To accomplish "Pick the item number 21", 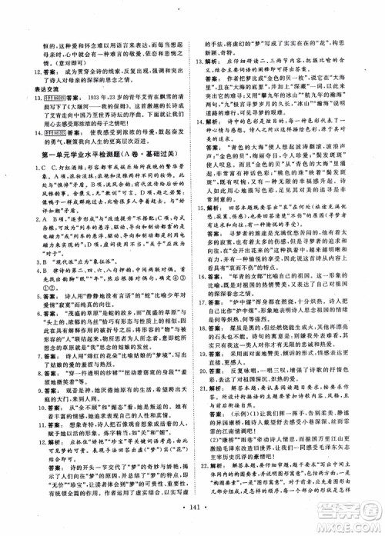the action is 201,387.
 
